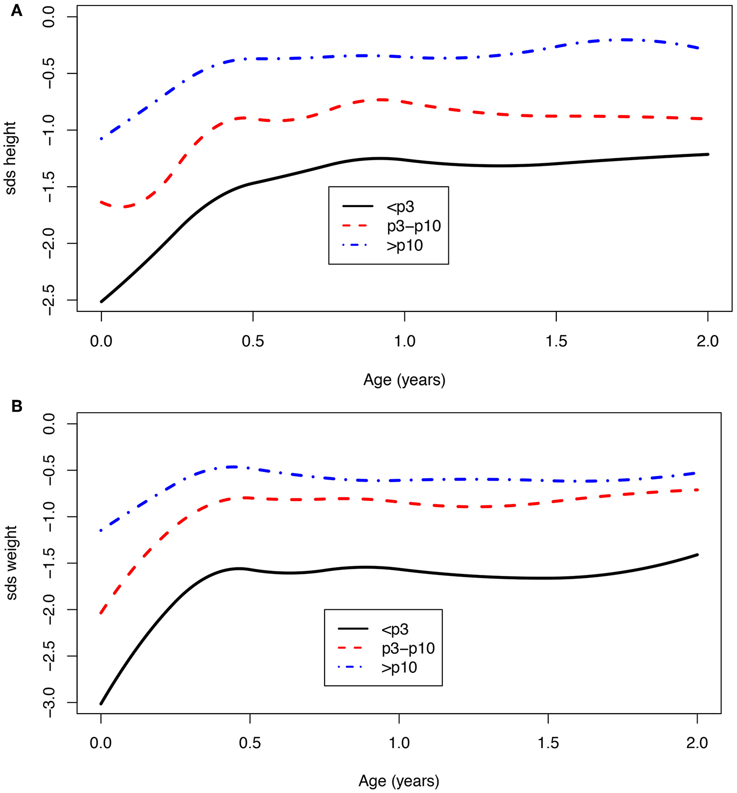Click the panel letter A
tap(16, 10)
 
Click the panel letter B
tap(16, 406)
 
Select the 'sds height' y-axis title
tap(11, 158)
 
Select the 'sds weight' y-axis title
tap(11, 562)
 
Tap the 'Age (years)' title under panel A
tap(404, 380)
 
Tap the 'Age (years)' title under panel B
tap(399, 781)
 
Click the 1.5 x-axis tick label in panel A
tap(556, 341)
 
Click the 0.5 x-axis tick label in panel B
tap(250, 743)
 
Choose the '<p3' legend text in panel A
tap(400, 207)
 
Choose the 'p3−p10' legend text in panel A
tap(414, 226)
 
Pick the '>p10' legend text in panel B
tap(399, 668)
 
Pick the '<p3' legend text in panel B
tap(394, 629)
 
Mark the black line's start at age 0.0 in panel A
tap(101, 301)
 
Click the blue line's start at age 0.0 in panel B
tap(101, 530)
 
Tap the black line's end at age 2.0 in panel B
tap(697, 554)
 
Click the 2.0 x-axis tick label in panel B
tap(697, 743)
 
